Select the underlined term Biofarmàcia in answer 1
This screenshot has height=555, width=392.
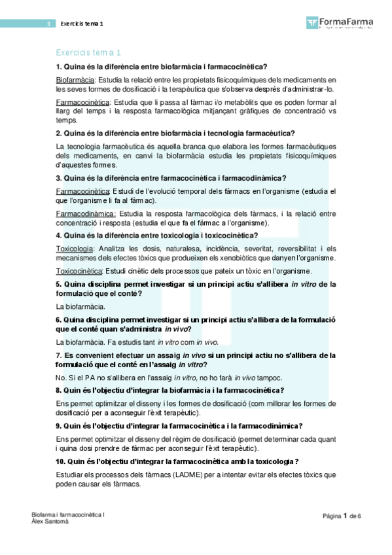(76, 79)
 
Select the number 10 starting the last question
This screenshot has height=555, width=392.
(61, 461)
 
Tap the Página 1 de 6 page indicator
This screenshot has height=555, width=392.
(342, 516)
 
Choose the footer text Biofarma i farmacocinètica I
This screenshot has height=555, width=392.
(68, 515)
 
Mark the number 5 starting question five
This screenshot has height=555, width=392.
(59, 283)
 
